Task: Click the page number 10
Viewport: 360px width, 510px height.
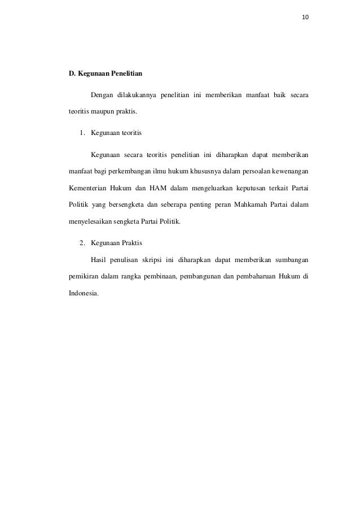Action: point(305,17)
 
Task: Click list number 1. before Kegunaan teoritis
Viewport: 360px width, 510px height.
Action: point(82,133)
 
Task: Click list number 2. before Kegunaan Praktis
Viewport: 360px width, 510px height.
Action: point(82,243)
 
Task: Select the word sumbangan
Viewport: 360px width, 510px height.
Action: point(292,260)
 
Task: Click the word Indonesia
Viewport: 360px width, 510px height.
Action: point(82,294)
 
